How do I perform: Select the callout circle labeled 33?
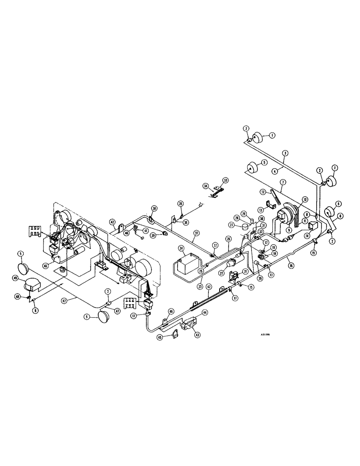(x=226, y=180)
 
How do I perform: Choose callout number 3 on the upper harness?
(x=284, y=153)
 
